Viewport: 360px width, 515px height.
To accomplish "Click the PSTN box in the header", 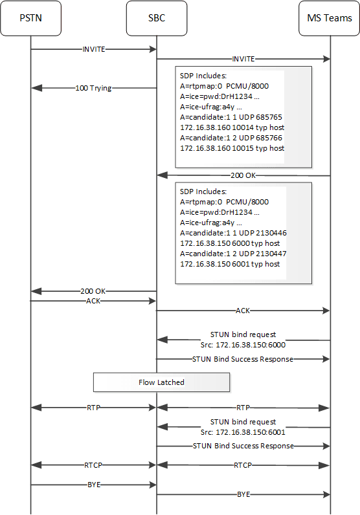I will (x=30, y=17).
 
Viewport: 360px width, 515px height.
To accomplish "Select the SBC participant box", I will (x=157, y=17).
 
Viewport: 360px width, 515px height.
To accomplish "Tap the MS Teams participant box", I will (x=330, y=17).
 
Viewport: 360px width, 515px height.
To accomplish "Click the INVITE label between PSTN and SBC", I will (x=94, y=49).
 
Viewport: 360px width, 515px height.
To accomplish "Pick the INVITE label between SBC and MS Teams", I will (x=243, y=58).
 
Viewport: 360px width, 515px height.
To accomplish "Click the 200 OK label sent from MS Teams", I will (x=243, y=175).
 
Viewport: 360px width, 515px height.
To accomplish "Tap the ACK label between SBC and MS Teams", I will (x=243, y=311).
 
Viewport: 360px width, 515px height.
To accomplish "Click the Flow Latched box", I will (x=162, y=382).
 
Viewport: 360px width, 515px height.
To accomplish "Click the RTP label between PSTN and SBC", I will (x=94, y=408).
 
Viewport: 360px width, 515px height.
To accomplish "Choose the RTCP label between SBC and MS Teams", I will (x=243, y=465).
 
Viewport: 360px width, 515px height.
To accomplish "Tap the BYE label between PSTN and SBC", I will (x=94, y=483).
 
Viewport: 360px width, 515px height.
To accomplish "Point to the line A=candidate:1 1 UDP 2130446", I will (x=232, y=233).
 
